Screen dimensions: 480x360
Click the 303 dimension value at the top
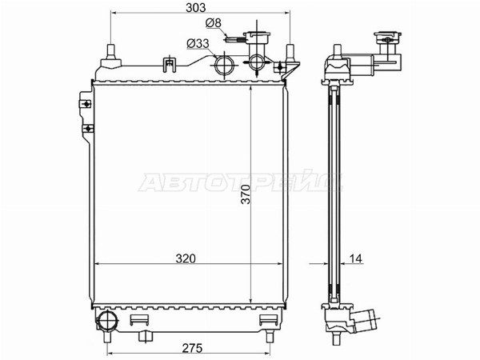click(x=196, y=8)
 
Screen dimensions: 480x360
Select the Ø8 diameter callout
click(x=214, y=23)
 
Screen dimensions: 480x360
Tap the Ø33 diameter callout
click(x=198, y=44)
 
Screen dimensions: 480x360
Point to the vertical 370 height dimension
click(x=246, y=194)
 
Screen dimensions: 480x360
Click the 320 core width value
click(x=186, y=258)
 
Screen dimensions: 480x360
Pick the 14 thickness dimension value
click(x=355, y=258)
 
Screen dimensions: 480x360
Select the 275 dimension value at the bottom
click(x=193, y=348)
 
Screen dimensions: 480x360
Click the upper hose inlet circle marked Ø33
click(x=224, y=66)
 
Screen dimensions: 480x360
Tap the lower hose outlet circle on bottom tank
click(x=107, y=322)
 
